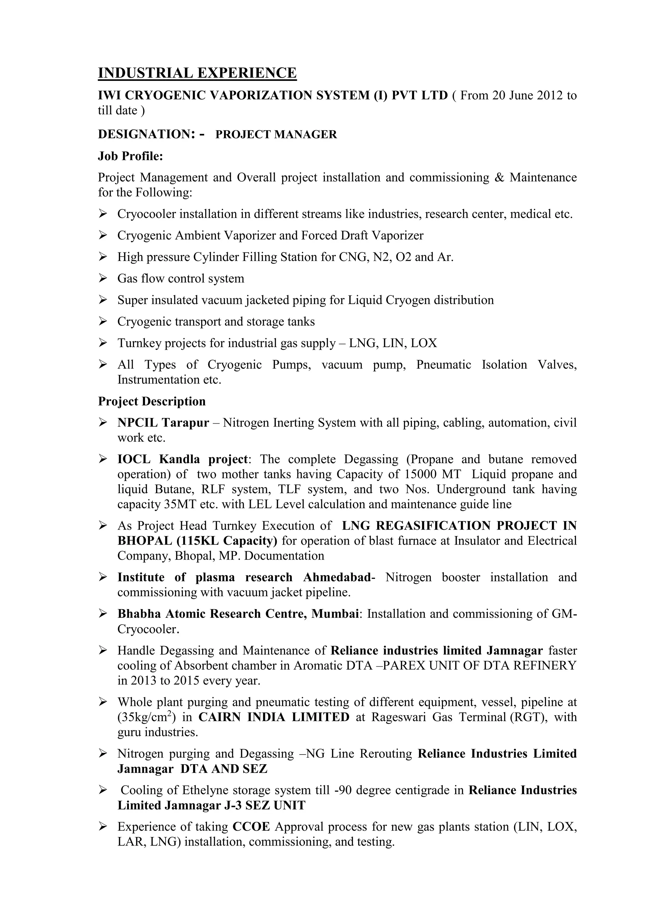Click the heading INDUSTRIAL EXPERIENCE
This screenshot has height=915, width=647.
[197, 73]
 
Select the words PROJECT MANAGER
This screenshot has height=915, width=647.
[276, 135]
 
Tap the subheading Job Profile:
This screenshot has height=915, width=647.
[131, 156]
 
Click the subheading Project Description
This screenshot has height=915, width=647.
[152, 401]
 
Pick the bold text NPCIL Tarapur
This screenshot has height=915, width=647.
[163, 423]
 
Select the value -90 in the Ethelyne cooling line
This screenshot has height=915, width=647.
[343, 790]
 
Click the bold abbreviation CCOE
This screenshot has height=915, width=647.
[251, 827]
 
